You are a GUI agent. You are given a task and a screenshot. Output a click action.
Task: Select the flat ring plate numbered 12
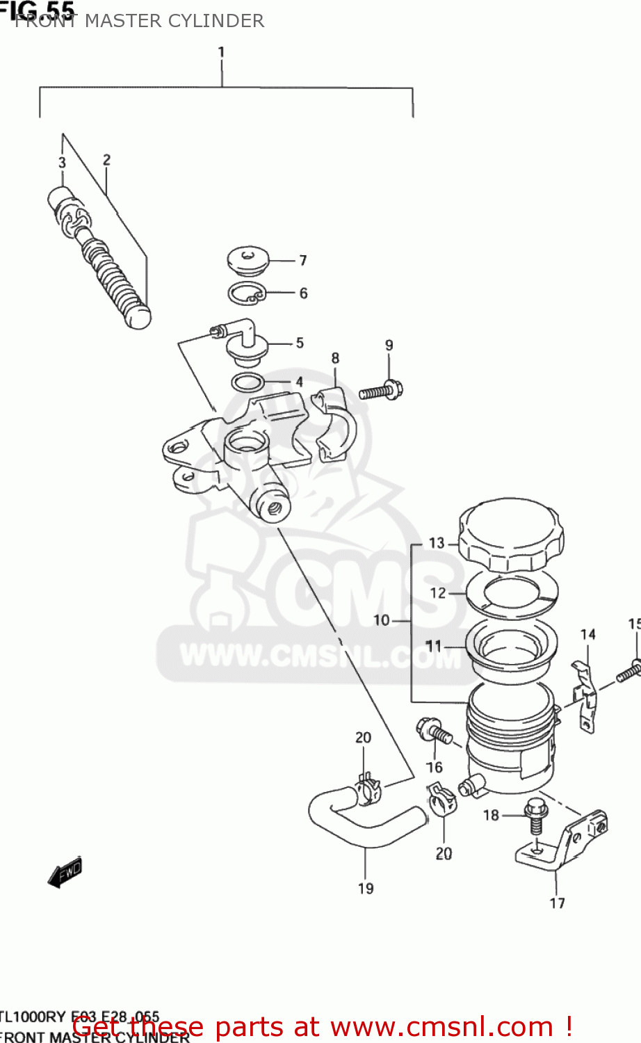click(512, 593)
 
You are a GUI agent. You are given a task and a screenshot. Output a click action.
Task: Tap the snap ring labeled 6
click(246, 293)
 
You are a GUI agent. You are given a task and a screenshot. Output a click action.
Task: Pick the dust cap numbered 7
click(248, 260)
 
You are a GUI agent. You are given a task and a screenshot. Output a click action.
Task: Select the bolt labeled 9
click(381, 391)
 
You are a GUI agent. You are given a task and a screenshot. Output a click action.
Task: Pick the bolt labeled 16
click(434, 732)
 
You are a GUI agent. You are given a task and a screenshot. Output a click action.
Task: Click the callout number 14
click(587, 634)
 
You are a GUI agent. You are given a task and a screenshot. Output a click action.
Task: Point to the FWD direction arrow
click(65, 872)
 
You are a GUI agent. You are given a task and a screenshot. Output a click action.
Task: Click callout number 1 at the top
click(221, 52)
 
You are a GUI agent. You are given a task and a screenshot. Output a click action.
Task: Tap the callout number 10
click(382, 620)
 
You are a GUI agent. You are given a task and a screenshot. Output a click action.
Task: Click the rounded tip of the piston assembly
click(138, 317)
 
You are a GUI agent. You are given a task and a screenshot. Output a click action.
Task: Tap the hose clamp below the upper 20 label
click(368, 789)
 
